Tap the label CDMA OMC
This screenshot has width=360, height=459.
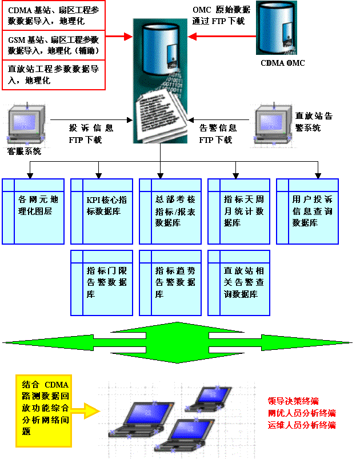(x=283, y=63)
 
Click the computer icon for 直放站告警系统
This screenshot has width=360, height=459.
(x=273, y=122)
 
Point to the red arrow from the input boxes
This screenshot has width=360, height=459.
(x=119, y=37)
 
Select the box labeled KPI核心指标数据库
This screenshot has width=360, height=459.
(x=102, y=211)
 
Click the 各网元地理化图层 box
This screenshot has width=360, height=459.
(x=33, y=211)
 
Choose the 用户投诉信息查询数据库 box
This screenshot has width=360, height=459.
(x=307, y=211)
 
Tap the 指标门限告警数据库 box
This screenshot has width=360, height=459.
(x=102, y=282)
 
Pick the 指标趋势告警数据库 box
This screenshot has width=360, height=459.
(x=170, y=282)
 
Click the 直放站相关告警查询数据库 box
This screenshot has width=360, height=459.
(x=239, y=282)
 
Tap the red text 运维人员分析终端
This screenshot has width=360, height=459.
(x=301, y=425)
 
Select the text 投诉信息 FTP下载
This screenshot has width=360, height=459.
(x=91, y=134)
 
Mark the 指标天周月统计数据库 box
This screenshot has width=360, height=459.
(x=239, y=211)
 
